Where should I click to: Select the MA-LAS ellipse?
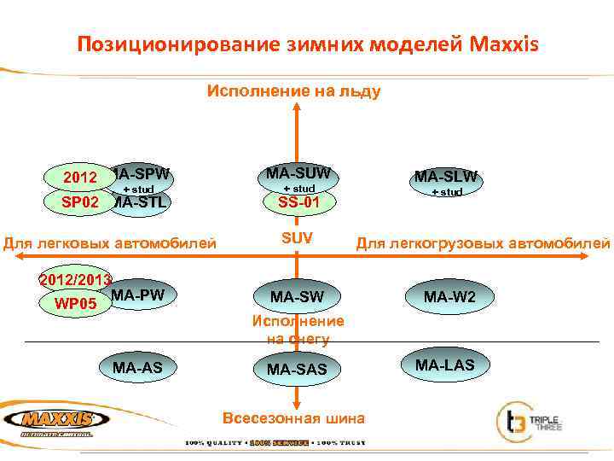click(x=445, y=365)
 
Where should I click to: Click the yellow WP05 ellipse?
click(x=75, y=303)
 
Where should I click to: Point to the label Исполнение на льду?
click(x=294, y=90)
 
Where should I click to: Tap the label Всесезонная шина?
click(x=294, y=418)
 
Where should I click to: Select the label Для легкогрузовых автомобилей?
click(x=483, y=243)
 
